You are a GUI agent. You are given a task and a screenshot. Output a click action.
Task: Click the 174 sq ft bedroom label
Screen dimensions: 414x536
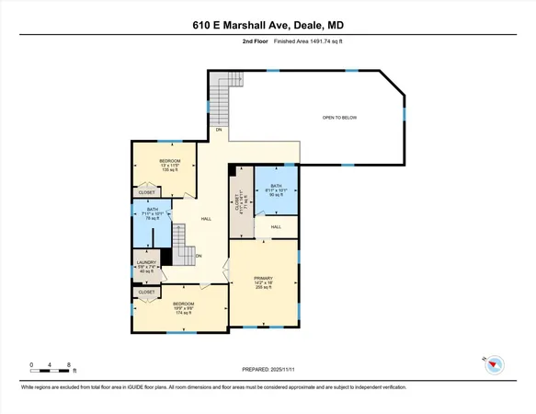(x=184, y=308)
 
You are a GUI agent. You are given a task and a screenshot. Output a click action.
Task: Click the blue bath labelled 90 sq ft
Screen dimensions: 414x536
(x=276, y=190)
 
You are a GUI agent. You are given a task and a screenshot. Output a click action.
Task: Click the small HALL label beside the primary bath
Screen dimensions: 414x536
(x=275, y=226)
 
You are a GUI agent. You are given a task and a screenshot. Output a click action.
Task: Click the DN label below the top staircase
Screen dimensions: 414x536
(x=219, y=131)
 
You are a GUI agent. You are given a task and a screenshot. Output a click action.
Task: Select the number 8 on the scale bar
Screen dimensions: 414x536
(x=70, y=365)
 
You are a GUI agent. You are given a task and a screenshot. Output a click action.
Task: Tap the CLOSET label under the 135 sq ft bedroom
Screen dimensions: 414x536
(x=147, y=192)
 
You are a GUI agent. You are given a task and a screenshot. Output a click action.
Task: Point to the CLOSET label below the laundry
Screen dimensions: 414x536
(x=147, y=292)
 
